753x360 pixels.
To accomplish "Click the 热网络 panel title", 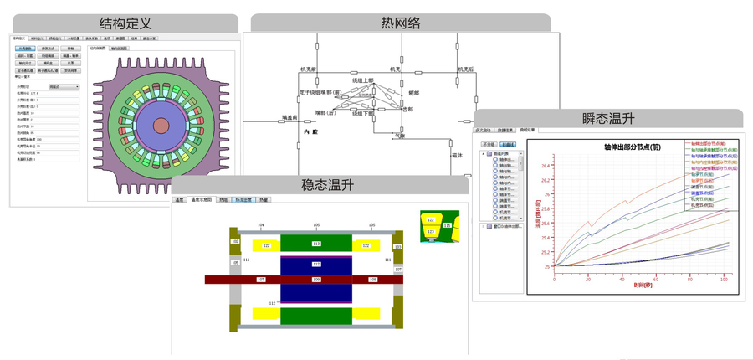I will pyautogui.click(x=400, y=23).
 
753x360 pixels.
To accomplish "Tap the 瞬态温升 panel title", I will pyautogui.click(x=607, y=118).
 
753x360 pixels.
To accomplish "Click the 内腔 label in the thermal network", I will pyautogui.click(x=311, y=132).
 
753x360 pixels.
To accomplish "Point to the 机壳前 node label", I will pyautogui.click(x=309, y=69).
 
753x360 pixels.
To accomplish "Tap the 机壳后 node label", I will pyautogui.click(x=465, y=69).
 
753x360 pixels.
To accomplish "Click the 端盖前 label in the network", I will pyautogui.click(x=289, y=118).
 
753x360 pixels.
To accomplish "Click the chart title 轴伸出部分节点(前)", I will pyautogui.click(x=638, y=147).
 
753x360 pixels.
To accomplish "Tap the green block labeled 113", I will pyautogui.click(x=316, y=244).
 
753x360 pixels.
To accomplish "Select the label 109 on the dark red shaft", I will pyautogui.click(x=316, y=280).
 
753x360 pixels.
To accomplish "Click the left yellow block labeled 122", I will pyautogui.click(x=266, y=245).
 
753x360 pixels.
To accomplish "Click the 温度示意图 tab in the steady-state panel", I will pyautogui.click(x=202, y=200).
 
